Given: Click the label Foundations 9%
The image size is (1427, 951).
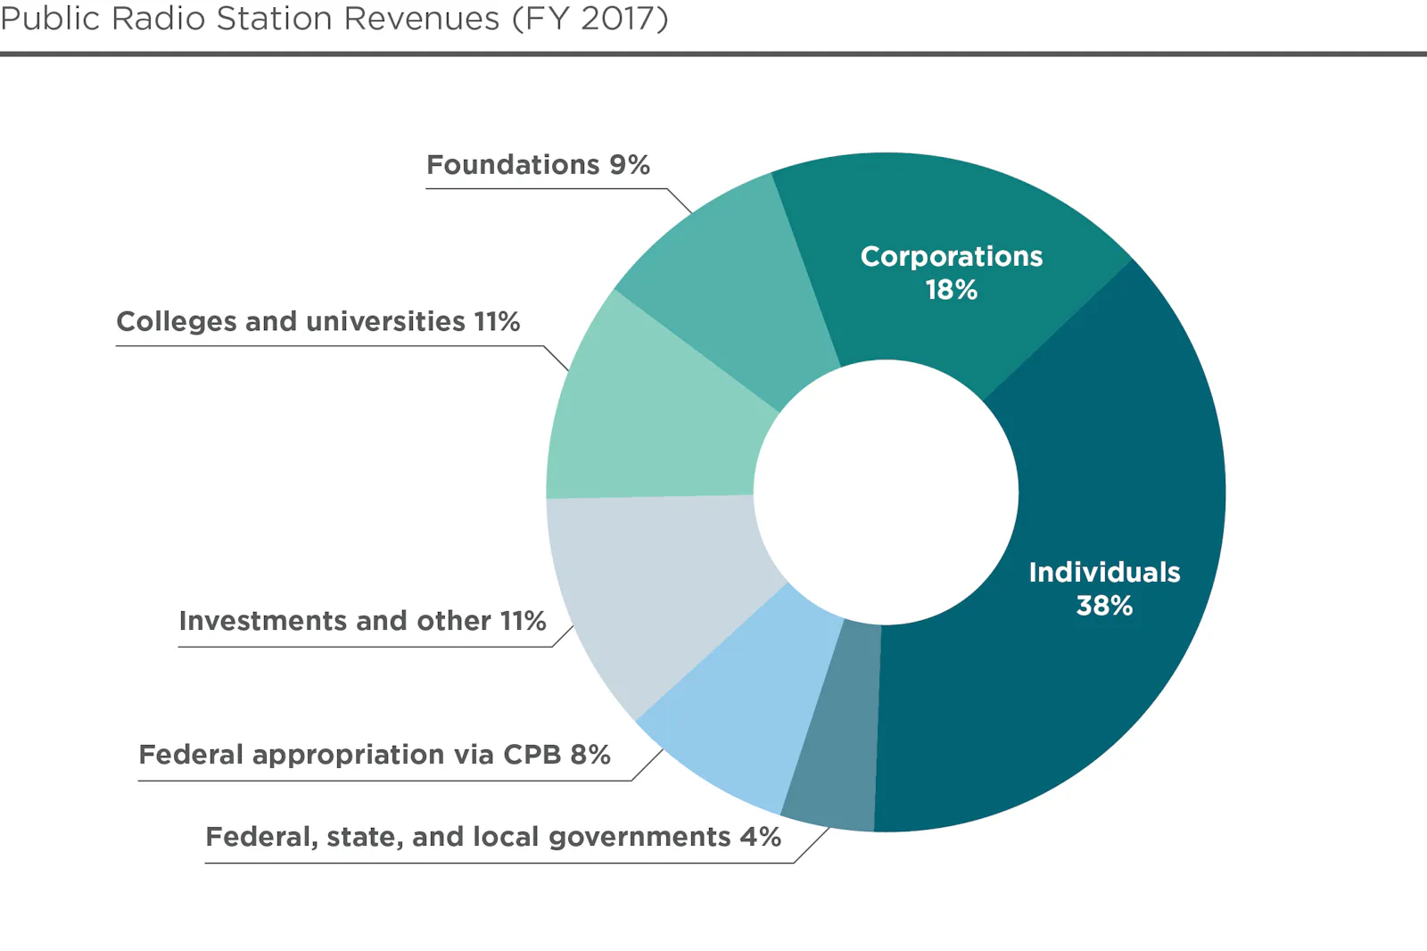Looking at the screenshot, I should [538, 165].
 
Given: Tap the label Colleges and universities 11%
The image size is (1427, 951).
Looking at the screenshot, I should [318, 321].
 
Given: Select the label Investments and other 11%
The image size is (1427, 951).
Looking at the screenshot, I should [362, 621].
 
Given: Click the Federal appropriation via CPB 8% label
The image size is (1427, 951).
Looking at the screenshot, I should [375, 755].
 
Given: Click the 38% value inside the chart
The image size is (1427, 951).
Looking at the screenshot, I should [1104, 606].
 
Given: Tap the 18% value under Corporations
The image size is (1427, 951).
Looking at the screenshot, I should [952, 290].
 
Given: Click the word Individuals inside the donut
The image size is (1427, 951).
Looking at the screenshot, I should [1104, 572].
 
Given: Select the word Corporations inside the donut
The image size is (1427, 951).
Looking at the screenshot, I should [952, 257].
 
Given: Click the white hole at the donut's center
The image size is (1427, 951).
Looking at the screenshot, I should [886, 492].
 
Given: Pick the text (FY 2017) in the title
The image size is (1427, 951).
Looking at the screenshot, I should [590, 19].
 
